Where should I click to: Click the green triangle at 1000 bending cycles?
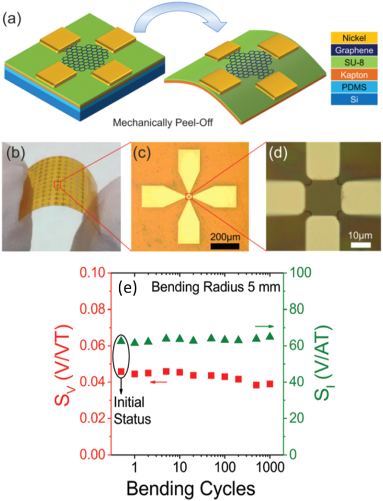[270, 336]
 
